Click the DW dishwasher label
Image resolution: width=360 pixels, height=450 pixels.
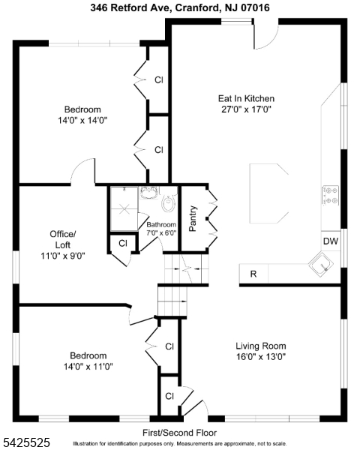coord(331,241)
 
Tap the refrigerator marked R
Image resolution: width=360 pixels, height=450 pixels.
coord(253,274)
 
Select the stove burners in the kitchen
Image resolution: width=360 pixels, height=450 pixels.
coord(330,196)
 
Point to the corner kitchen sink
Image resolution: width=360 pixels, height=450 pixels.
coord(321,265)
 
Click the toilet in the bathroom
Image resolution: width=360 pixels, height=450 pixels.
coord(169,202)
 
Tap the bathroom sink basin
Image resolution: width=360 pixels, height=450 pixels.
coord(149,193)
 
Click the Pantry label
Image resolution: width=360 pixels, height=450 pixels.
coord(193,219)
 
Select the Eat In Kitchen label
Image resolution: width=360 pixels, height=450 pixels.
coord(246,98)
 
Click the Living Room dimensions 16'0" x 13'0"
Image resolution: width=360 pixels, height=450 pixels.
coord(261,357)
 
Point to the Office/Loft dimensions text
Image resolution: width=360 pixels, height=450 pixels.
coord(63,256)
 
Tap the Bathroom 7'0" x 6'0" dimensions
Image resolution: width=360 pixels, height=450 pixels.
coord(161,232)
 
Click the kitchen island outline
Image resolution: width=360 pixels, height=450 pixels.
coord(268,193)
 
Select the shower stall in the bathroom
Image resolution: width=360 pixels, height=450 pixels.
coord(124,208)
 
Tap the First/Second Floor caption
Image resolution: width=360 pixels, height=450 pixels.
coord(180,433)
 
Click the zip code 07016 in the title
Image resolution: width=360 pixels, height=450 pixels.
coord(255,7)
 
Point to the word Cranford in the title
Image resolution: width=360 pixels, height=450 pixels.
coord(198,7)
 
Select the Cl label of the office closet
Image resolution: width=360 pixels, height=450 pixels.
coord(123,243)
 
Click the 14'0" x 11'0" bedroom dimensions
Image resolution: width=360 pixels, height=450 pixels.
coord(88,367)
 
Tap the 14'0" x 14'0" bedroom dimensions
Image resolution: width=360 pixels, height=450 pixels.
coord(82,120)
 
